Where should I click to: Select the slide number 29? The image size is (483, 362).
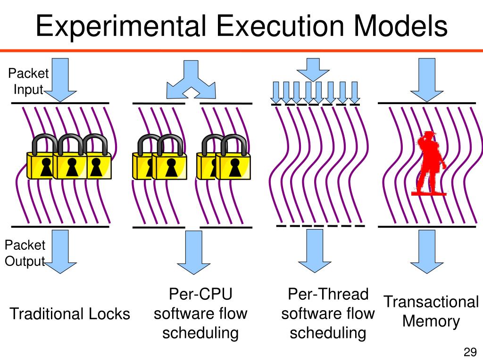click(470, 352)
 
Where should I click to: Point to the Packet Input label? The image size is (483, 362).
click(28, 81)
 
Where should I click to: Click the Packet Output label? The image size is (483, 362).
click(25, 253)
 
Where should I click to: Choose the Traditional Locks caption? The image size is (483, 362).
click(70, 313)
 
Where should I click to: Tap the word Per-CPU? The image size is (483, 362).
click(200, 295)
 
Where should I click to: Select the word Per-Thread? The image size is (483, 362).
click(328, 295)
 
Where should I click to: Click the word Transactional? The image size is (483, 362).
click(431, 302)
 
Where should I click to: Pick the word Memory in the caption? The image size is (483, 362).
click(431, 321)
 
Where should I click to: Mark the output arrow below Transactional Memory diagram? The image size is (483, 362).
click(426, 251)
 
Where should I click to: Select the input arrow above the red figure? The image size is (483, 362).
click(426, 79)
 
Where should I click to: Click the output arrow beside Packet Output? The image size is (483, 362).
click(60, 251)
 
